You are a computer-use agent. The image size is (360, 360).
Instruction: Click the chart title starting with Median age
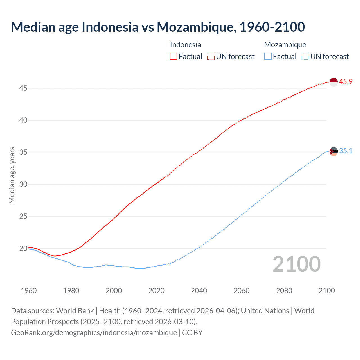(158, 27)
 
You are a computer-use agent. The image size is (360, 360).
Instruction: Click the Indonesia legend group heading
(185, 45)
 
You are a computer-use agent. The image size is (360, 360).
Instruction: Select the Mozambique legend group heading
(285, 45)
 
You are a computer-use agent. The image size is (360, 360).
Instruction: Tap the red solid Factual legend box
(174, 57)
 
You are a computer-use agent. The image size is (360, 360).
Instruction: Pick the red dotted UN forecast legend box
(211, 57)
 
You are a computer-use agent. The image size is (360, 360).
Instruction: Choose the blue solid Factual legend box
(268, 57)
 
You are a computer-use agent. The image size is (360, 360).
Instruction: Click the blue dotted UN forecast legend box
(305, 57)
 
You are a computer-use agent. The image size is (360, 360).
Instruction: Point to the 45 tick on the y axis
(23, 88)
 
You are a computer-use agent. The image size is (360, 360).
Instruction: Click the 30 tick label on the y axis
(23, 184)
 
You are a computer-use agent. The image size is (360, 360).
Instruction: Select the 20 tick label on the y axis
(23, 249)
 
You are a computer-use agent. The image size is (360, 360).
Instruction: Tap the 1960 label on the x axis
(29, 291)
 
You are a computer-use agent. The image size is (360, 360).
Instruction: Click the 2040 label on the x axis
(199, 291)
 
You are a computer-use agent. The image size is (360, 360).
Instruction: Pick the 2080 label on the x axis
(284, 291)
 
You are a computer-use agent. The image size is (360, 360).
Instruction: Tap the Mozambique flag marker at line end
(333, 151)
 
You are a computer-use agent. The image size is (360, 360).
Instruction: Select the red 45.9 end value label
(346, 82)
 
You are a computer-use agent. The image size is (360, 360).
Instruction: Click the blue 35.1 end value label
(346, 151)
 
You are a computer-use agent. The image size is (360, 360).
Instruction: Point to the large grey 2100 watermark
(296, 264)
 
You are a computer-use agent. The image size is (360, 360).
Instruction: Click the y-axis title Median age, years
(12, 175)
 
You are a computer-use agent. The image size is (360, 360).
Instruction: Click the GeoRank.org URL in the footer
(94, 333)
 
